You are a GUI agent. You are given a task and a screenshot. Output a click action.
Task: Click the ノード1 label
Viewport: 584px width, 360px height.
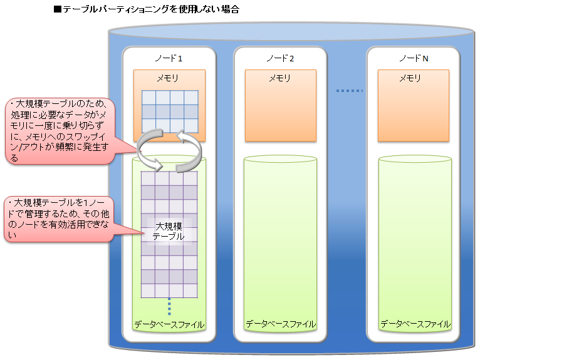coord(169,58)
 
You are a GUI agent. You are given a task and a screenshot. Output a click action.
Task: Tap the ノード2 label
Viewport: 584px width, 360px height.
coord(280,58)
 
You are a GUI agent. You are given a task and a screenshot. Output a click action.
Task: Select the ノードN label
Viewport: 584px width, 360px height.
coord(414,58)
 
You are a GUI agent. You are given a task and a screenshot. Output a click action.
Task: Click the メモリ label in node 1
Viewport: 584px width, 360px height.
coord(167,78)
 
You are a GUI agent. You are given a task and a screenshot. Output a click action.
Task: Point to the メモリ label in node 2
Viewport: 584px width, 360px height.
coord(279,78)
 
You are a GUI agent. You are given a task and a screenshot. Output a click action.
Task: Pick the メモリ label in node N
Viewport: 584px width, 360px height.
coord(410,78)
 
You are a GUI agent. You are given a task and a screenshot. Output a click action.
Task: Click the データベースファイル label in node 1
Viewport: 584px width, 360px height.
coord(169,324)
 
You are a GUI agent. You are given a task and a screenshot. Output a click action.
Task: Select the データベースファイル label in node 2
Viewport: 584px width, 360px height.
coord(280,324)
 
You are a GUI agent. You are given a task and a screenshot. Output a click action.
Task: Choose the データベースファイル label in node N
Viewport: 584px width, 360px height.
coord(415,324)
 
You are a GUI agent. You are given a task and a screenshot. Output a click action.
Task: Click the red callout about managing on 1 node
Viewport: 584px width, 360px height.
coord(59,219)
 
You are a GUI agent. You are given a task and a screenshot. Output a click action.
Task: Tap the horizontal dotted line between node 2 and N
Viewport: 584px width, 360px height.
coord(350,91)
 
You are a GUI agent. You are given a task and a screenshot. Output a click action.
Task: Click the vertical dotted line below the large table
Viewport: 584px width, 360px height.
coord(169,307)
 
